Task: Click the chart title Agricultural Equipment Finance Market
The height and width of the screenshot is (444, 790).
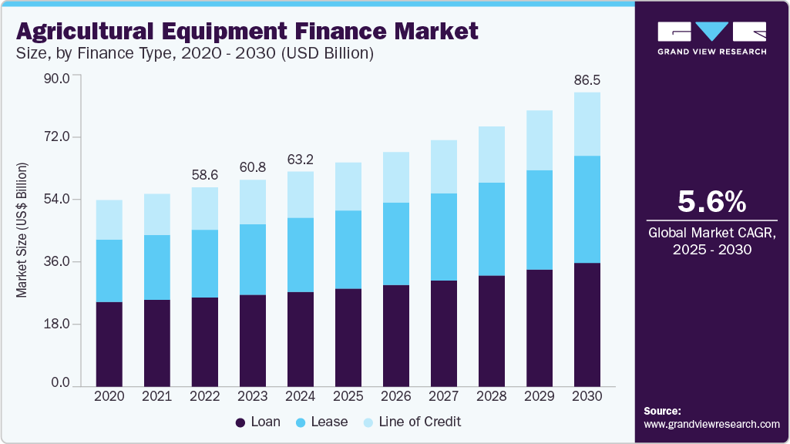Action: coord(247,32)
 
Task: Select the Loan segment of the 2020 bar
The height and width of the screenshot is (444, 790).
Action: coord(109,343)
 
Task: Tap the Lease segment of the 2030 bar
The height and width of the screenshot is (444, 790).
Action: coord(587,210)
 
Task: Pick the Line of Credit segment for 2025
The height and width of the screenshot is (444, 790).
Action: coord(348,187)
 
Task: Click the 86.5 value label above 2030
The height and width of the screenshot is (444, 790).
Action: coord(587,79)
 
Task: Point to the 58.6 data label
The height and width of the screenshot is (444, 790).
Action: coord(205,174)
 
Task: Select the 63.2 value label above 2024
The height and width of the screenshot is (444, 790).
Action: coord(301,160)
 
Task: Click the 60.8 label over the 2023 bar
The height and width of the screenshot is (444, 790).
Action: coord(253,166)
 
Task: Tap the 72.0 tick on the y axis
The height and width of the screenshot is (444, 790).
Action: coord(56,137)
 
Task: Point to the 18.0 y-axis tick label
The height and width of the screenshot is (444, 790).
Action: coord(56,325)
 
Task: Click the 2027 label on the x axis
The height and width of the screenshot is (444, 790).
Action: coord(444,395)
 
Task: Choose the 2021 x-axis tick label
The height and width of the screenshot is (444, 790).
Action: coord(157,395)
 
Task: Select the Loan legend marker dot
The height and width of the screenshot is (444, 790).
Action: coord(240,422)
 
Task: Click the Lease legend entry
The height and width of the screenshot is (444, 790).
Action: coord(321,422)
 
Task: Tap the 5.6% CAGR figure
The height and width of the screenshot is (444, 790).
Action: coord(711,202)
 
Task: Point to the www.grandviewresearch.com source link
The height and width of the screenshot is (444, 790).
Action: coord(711,424)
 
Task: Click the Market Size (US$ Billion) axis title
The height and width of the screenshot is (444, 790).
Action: coord(22,230)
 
